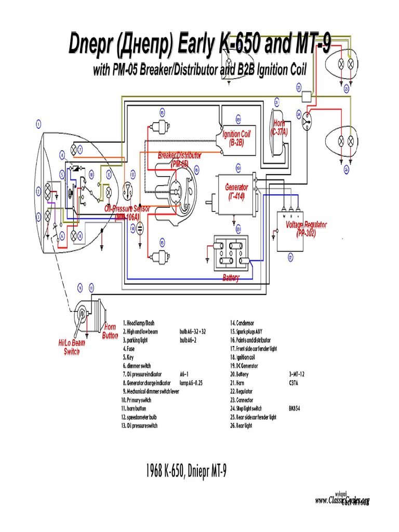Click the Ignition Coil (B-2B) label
(236, 138)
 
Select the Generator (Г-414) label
(236, 191)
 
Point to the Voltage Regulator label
(307, 228)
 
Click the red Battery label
(231, 278)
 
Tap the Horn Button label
(110, 331)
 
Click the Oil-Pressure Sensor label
(127, 212)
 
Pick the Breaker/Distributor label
(180, 158)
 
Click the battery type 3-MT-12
(297, 374)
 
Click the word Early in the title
(196, 46)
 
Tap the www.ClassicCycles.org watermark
(342, 501)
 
